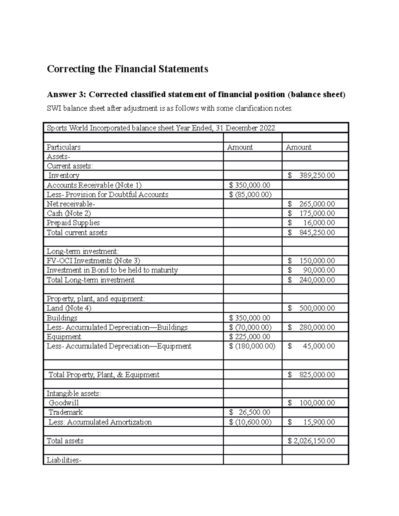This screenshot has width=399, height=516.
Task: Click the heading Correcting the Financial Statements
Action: [127, 69]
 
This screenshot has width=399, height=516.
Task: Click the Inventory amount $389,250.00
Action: [312, 175]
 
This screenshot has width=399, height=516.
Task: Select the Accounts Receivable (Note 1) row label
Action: [94, 185]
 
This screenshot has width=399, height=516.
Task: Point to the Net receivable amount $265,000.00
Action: [312, 204]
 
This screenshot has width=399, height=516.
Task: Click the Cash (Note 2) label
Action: [69, 213]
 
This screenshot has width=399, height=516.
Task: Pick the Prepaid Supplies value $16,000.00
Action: [312, 223]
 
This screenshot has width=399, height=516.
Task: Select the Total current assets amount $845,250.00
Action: [312, 233]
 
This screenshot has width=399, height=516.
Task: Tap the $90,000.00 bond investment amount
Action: [312, 270]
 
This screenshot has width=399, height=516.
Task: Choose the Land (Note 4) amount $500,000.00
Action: [312, 308]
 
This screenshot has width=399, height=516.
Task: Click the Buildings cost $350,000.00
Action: [250, 318]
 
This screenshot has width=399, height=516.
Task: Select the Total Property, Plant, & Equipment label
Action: [104, 375]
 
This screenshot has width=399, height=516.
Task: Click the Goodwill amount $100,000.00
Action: [312, 403]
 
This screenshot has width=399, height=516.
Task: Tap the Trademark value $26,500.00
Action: [250, 412]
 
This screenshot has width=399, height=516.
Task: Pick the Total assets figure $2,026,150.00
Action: [312, 441]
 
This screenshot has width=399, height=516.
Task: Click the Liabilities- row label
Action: [64, 460]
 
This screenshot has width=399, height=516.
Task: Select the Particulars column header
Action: [64, 147]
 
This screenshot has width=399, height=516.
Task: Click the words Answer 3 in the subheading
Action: [66, 95]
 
